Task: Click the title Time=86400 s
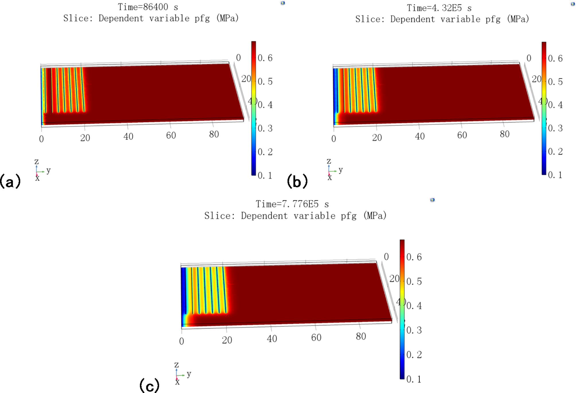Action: pyautogui.click(x=148, y=7)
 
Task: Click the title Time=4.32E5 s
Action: pyautogui.click(x=439, y=8)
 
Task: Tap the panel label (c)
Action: pyautogui.click(x=149, y=386)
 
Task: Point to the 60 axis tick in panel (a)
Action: pyautogui.click(x=171, y=135)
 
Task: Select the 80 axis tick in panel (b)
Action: pyautogui.click(x=505, y=134)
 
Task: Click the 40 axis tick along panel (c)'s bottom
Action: pyautogui.click(x=272, y=339)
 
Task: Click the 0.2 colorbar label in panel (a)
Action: pyautogui.click(x=265, y=152)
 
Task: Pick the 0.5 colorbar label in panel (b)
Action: pyautogui.click(x=555, y=82)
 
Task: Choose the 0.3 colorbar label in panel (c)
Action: pyautogui.click(x=414, y=330)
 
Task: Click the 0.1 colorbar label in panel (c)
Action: pyautogui.click(x=414, y=379)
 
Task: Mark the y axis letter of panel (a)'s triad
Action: pyautogui.click(x=48, y=171)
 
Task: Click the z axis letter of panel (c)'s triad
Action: pyautogui.click(x=176, y=365)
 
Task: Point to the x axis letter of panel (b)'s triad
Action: pyautogui.click(x=330, y=178)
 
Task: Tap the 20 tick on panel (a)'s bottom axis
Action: pyautogui.click(x=85, y=138)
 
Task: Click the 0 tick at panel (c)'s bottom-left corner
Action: pyautogui.click(x=182, y=341)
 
